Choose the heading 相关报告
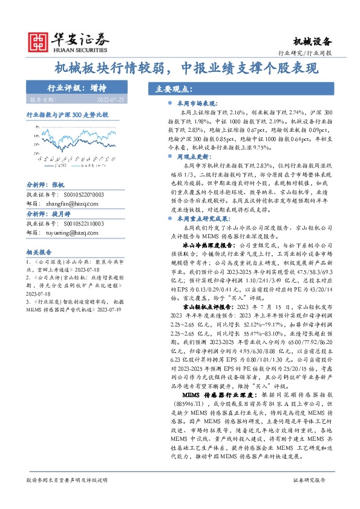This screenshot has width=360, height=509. click(39, 252)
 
